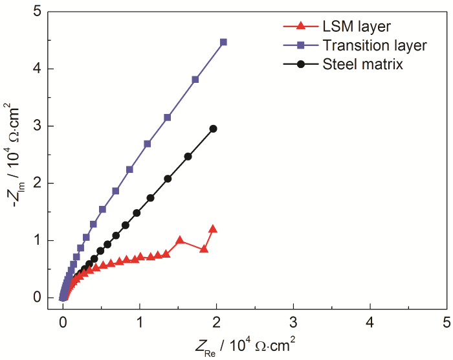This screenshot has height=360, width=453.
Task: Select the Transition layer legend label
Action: click(x=374, y=45)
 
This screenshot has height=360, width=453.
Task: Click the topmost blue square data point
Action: click(x=224, y=42)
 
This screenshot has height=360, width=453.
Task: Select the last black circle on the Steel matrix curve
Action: click(x=213, y=129)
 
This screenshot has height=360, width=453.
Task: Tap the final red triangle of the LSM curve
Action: click(x=212, y=229)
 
